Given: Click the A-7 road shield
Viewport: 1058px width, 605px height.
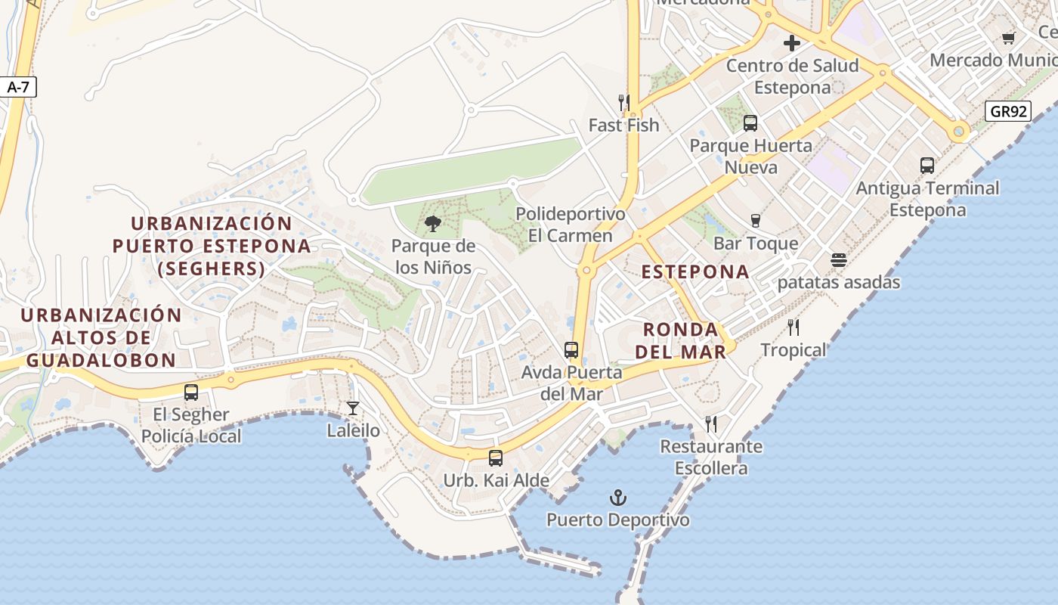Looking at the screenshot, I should [x=18, y=88].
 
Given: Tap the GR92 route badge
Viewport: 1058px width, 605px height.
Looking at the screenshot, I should [x=1009, y=112].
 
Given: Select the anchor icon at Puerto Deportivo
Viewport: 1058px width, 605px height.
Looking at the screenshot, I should [x=618, y=498].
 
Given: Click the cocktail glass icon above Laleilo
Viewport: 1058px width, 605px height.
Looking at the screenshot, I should [x=353, y=408].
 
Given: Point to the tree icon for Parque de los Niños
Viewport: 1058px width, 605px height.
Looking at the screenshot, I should [x=433, y=223].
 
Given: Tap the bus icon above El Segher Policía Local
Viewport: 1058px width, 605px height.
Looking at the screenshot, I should [x=191, y=392].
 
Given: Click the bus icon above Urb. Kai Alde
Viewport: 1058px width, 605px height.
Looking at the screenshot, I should [x=496, y=458].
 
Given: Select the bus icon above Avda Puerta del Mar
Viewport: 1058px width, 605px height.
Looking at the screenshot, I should [x=571, y=350].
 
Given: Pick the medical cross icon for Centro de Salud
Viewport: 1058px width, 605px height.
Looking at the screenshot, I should [x=792, y=43].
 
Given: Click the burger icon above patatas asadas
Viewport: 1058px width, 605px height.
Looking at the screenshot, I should [x=839, y=260].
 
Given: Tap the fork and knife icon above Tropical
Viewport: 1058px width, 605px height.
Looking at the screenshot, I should [x=793, y=327].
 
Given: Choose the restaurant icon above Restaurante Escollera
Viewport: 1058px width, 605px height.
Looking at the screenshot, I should [x=711, y=424].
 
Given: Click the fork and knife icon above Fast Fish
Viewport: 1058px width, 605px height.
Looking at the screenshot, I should [x=624, y=102].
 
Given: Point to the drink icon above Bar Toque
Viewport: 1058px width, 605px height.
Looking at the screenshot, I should [x=755, y=221].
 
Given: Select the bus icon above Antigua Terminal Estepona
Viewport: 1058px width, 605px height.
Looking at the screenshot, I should [x=927, y=166].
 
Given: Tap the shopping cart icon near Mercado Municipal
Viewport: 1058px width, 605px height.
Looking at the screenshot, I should [x=1008, y=38].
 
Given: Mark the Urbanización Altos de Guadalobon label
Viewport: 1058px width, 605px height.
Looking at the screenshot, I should [x=101, y=337].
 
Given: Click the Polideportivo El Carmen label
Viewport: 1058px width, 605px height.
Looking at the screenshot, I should [x=571, y=225].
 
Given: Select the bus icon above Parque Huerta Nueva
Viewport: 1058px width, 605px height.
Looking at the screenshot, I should [x=750, y=123].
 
